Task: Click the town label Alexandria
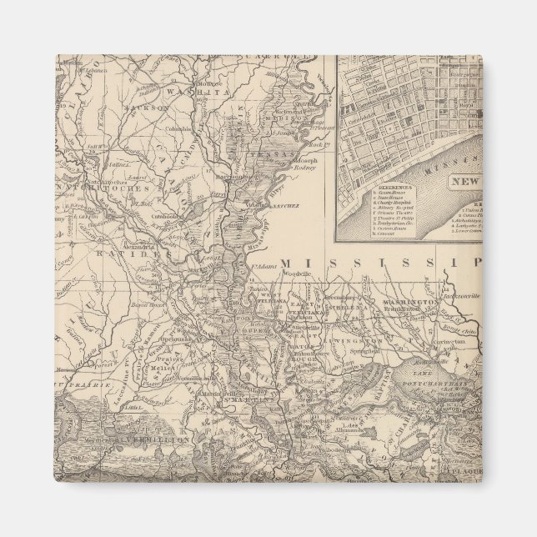(x=138, y=248)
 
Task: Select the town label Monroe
(x=208, y=84)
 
